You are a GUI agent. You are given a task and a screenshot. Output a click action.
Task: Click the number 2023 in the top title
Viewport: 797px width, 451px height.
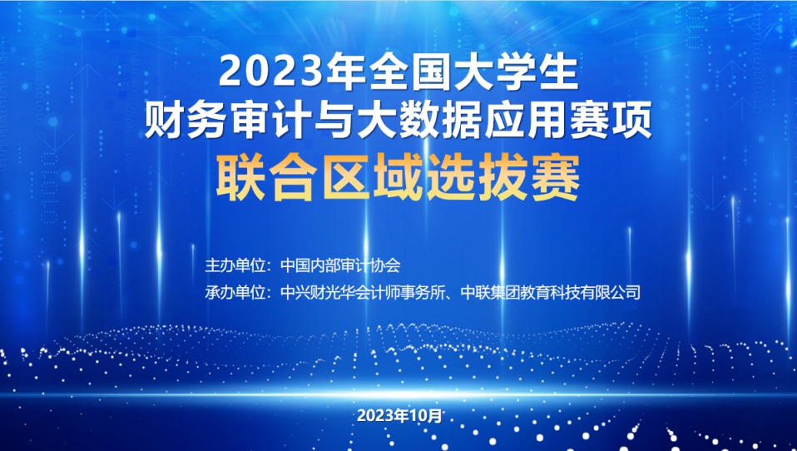tap(271, 73)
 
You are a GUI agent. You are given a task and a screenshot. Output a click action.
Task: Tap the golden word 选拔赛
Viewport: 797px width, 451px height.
tap(503, 178)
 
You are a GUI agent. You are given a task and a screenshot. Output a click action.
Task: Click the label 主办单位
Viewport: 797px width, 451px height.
tap(235, 265)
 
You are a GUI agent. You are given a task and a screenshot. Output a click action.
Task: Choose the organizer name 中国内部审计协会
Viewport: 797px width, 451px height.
tap(340, 265)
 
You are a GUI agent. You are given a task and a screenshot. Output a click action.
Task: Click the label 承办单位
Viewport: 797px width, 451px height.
tap(235, 293)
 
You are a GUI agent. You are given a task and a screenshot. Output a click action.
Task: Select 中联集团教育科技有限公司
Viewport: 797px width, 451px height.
tap(551, 293)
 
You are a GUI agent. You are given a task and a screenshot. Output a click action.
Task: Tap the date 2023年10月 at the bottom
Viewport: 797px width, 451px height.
tap(399, 416)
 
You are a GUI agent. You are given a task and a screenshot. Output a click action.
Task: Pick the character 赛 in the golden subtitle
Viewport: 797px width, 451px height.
tap(556, 178)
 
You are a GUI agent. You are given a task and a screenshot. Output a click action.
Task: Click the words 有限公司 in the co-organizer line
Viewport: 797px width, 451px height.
tap(611, 293)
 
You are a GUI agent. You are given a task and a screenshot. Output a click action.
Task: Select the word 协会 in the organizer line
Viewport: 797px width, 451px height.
tap(386, 265)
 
